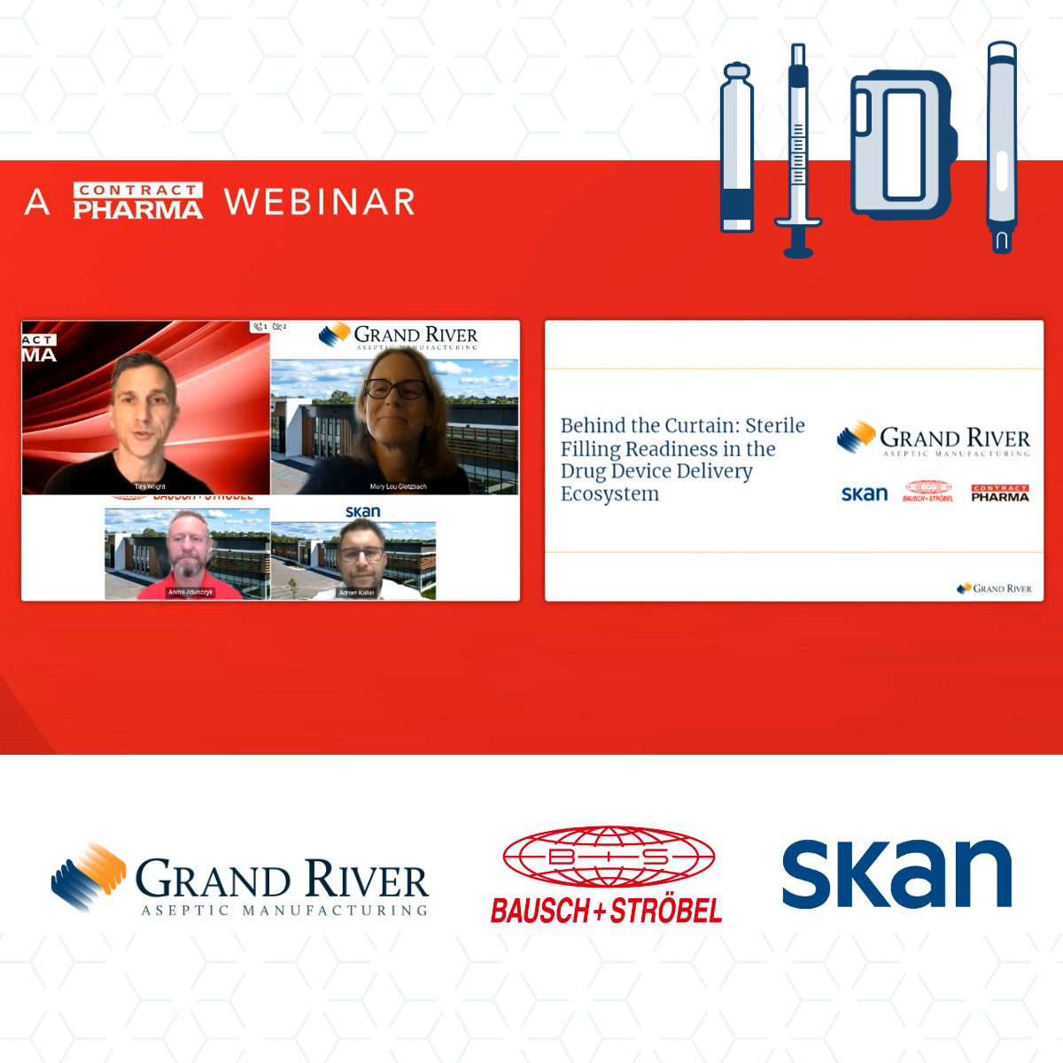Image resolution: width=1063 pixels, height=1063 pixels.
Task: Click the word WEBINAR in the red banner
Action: point(320,202)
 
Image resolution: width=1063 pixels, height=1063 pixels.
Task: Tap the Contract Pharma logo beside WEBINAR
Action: point(138,201)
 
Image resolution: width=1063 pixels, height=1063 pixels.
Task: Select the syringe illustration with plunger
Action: point(798,151)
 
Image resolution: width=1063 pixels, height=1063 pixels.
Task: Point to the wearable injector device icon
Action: point(903,145)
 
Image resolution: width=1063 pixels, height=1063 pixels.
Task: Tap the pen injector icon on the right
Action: point(1002,147)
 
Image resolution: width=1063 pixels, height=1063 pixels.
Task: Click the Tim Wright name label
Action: point(150,486)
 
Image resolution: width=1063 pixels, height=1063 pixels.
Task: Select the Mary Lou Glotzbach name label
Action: point(398,486)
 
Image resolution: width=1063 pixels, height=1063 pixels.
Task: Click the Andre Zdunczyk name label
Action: point(190,592)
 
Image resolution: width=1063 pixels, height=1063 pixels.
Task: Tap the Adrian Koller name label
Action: point(357,592)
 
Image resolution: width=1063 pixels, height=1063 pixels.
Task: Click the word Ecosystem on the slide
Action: point(609,494)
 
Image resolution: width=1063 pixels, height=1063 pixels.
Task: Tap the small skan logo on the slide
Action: point(864,493)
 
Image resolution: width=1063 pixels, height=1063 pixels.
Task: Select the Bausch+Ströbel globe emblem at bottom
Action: point(609,857)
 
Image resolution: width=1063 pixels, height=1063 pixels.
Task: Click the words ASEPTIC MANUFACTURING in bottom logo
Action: point(284,910)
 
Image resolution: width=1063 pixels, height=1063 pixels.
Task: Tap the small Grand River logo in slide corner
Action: point(994,588)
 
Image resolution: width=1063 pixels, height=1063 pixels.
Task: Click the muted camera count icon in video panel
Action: point(279,327)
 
